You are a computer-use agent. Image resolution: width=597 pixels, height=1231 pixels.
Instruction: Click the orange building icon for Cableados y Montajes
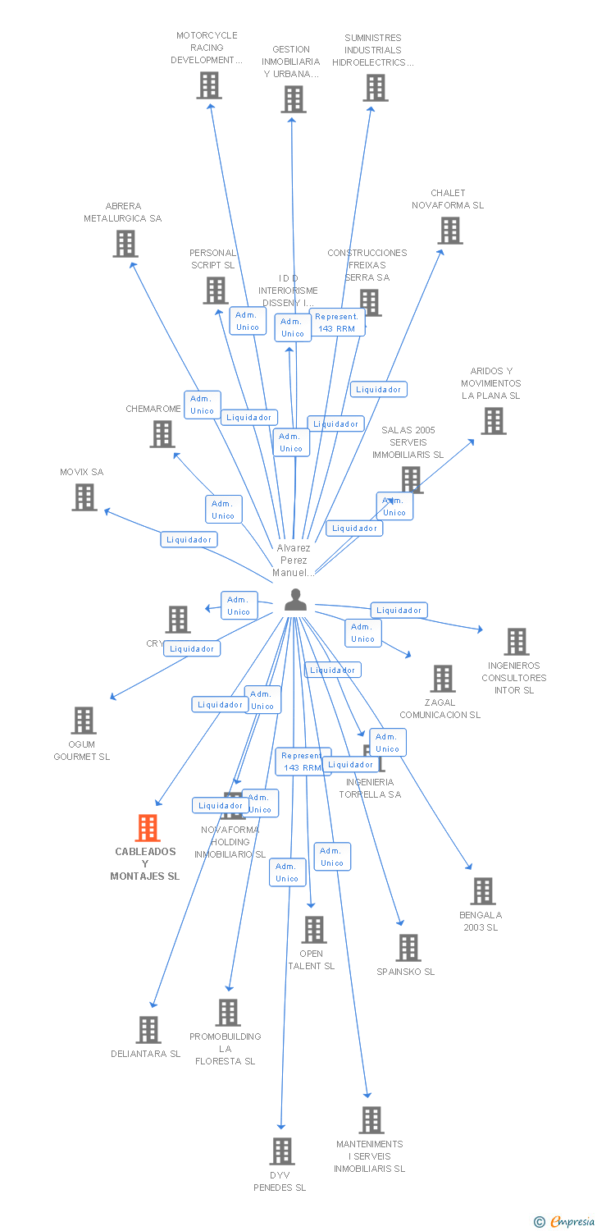[148, 828]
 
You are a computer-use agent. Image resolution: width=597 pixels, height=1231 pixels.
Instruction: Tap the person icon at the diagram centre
[295, 601]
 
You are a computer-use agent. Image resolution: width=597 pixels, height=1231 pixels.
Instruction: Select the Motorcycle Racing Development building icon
[209, 85]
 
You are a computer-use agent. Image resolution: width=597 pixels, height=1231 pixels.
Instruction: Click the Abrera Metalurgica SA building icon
[125, 244]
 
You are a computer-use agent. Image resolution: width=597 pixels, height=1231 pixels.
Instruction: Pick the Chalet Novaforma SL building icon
[450, 231]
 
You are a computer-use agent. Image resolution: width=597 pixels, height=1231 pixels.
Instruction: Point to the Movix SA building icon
[84, 497]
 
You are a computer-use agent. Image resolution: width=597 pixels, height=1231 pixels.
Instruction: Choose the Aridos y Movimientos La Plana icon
[493, 421]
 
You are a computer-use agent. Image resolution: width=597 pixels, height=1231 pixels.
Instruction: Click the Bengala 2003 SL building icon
[483, 891]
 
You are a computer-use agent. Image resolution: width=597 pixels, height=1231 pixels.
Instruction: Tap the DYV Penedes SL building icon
[282, 1151]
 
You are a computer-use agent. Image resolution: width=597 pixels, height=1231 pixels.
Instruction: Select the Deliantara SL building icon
[148, 1030]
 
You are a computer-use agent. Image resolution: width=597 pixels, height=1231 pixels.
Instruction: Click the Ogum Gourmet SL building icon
[84, 721]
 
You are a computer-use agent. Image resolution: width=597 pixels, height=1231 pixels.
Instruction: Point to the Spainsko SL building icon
[408, 948]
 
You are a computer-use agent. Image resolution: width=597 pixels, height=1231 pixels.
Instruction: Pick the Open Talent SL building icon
[314, 930]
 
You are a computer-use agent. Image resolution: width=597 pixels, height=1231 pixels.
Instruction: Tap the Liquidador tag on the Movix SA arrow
[189, 539]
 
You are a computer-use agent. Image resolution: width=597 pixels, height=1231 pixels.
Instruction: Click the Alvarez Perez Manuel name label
[294, 561]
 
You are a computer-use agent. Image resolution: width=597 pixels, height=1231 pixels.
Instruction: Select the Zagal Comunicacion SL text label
[440, 708]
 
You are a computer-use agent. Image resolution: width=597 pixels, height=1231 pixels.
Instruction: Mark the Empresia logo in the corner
[565, 1222]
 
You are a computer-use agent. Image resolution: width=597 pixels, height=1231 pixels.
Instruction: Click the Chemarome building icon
[162, 434]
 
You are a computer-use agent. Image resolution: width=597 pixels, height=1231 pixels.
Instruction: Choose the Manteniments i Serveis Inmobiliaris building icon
[371, 1120]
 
